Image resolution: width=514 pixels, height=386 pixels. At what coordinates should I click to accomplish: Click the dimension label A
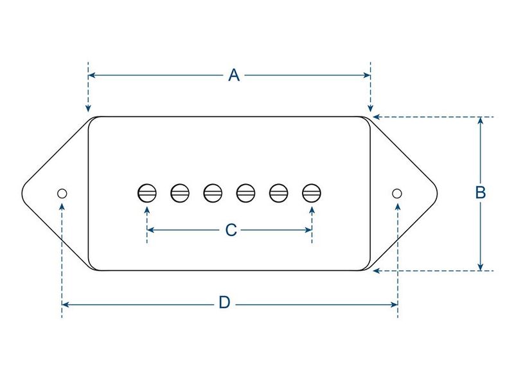pos(234,75)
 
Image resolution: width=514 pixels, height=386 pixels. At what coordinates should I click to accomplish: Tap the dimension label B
pos(480,192)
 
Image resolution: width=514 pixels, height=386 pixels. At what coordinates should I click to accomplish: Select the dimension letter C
pos(231,230)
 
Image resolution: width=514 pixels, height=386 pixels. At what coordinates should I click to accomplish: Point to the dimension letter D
pos(224,302)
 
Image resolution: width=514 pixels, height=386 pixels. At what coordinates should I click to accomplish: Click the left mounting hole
pos(62,194)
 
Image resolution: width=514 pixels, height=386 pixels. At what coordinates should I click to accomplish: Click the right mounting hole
pos(397,194)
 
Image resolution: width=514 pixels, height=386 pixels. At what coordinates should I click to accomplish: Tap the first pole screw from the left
pos(147,193)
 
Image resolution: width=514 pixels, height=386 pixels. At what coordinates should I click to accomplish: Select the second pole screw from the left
pos(180,193)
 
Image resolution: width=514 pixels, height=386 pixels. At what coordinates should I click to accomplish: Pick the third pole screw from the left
pos(213,193)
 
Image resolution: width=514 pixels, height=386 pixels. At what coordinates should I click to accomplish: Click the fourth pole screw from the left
pos(246,193)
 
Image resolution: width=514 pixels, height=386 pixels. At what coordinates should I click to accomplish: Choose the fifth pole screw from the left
pos(279,193)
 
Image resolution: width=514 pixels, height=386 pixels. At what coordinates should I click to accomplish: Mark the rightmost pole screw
pos(312,193)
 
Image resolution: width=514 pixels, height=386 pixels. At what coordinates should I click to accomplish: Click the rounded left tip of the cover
pos(22,194)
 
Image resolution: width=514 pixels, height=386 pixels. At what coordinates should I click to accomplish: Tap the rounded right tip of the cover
pos(437,194)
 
